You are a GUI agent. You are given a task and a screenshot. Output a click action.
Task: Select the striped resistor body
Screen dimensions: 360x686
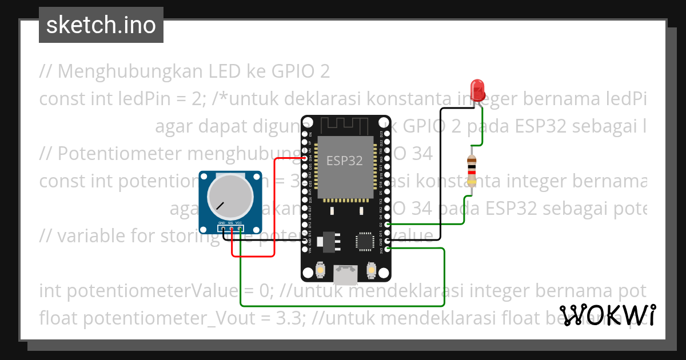click(472, 170)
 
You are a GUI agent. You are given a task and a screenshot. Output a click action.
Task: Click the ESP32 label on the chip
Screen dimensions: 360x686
click(345, 161)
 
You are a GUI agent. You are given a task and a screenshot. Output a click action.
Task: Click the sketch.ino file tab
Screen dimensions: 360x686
click(101, 25)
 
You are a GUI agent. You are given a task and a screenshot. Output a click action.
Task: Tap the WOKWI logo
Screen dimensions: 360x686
click(608, 315)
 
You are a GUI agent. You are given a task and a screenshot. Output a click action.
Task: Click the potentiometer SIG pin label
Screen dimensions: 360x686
click(230, 223)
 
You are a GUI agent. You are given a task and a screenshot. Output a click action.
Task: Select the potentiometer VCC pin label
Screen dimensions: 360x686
click(239, 223)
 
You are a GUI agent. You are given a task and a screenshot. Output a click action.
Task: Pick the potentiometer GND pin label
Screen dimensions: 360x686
click(221, 223)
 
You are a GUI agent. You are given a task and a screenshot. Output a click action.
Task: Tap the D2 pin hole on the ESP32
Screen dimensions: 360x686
click(388, 225)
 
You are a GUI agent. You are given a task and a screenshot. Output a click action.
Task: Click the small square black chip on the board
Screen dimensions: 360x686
click(365, 241)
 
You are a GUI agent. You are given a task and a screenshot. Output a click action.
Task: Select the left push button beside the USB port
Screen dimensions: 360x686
click(321, 269)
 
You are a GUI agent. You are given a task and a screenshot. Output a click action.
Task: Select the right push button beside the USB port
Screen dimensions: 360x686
click(371, 269)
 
